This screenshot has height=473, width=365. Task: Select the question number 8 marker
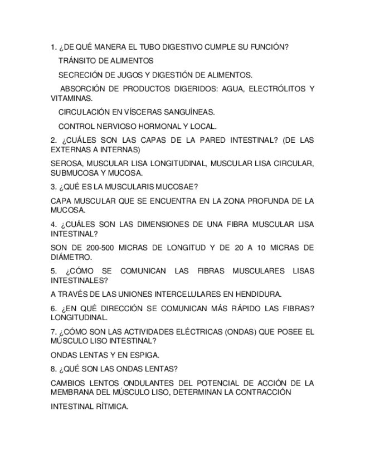[x=53, y=369]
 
